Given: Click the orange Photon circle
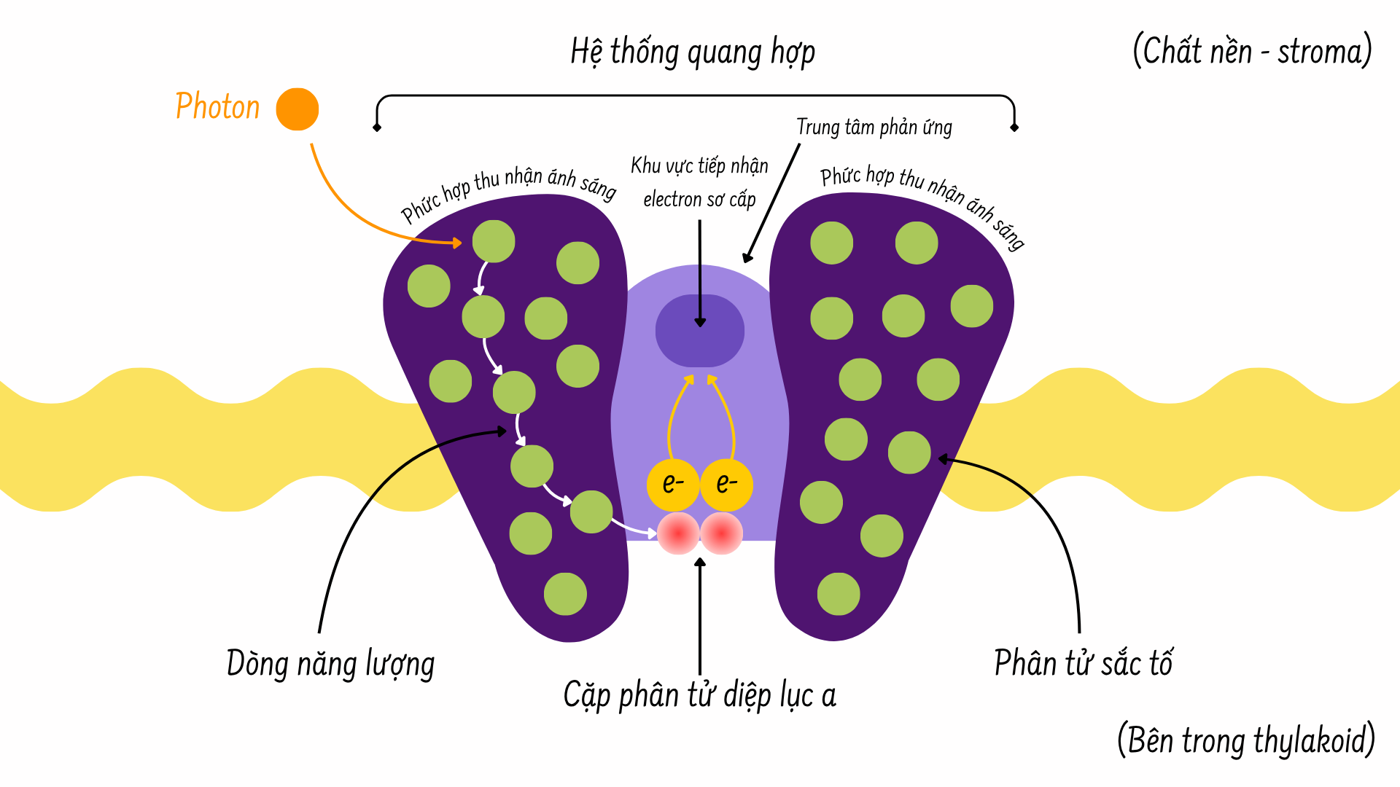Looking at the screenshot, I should [297, 109].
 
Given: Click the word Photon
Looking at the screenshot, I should [217, 107].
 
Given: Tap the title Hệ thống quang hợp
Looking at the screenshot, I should [693, 52].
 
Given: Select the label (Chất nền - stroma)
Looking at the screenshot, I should [1252, 52].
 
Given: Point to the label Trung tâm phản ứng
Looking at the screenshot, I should [874, 128].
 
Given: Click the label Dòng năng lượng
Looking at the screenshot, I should [330, 664].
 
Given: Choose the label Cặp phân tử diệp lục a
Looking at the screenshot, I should [699, 695].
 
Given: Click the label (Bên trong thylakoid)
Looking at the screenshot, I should [1245, 740].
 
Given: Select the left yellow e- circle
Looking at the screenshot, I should [673, 485].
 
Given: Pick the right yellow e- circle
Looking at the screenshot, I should [726, 485].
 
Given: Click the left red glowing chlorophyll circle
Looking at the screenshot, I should [678, 533].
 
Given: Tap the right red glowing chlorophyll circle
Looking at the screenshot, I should [722, 533].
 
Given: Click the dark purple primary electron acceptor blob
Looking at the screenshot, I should [700, 331].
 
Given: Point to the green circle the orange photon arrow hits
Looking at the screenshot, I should [494, 241].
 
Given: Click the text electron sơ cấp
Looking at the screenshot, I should [699, 200].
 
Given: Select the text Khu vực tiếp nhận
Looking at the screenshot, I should [699, 166].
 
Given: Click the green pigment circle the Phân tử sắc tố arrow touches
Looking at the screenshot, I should [909, 453].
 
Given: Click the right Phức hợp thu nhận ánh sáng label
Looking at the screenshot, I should [923, 201].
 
